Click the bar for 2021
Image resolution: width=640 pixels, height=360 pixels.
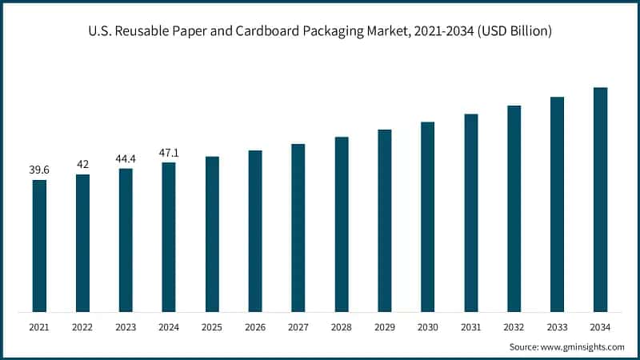[x=39, y=246]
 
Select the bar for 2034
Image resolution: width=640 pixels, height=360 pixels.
[x=600, y=199]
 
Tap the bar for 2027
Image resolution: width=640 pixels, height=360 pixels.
[x=298, y=227]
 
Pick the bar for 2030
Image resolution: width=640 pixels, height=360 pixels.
[x=427, y=217]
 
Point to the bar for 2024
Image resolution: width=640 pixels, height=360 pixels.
[x=169, y=237]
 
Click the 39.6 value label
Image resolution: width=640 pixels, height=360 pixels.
[x=39, y=170]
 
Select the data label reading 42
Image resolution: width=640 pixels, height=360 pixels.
[x=82, y=164]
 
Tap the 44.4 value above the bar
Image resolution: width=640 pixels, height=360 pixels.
[x=126, y=158]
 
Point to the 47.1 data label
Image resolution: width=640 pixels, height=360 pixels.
[x=169, y=152]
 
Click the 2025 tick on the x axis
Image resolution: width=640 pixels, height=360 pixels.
[x=212, y=326]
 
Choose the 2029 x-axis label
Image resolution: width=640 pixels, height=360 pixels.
[x=384, y=326]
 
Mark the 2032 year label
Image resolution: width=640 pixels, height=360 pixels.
[x=514, y=326]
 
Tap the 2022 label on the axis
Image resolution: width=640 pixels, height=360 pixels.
[x=82, y=326]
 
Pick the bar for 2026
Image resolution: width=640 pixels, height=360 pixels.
[x=255, y=231]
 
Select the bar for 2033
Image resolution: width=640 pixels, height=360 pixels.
[x=557, y=204]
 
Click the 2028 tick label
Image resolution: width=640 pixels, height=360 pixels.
[x=342, y=326]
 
